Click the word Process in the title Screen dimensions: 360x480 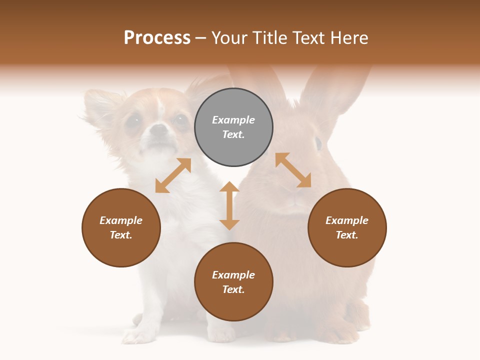coord(157,38)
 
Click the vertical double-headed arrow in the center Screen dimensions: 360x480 coord(229,205)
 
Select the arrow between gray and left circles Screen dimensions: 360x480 coord(173,175)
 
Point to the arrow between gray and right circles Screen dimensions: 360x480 coord(293,170)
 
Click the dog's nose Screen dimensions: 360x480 coord(159,130)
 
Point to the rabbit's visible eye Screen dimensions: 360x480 coord(318,143)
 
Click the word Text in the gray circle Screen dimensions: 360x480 coord(233,134)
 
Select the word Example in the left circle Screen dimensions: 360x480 coord(121,220)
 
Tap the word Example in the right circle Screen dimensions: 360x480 coord(347,220)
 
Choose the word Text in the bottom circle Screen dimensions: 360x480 coord(233,289)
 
